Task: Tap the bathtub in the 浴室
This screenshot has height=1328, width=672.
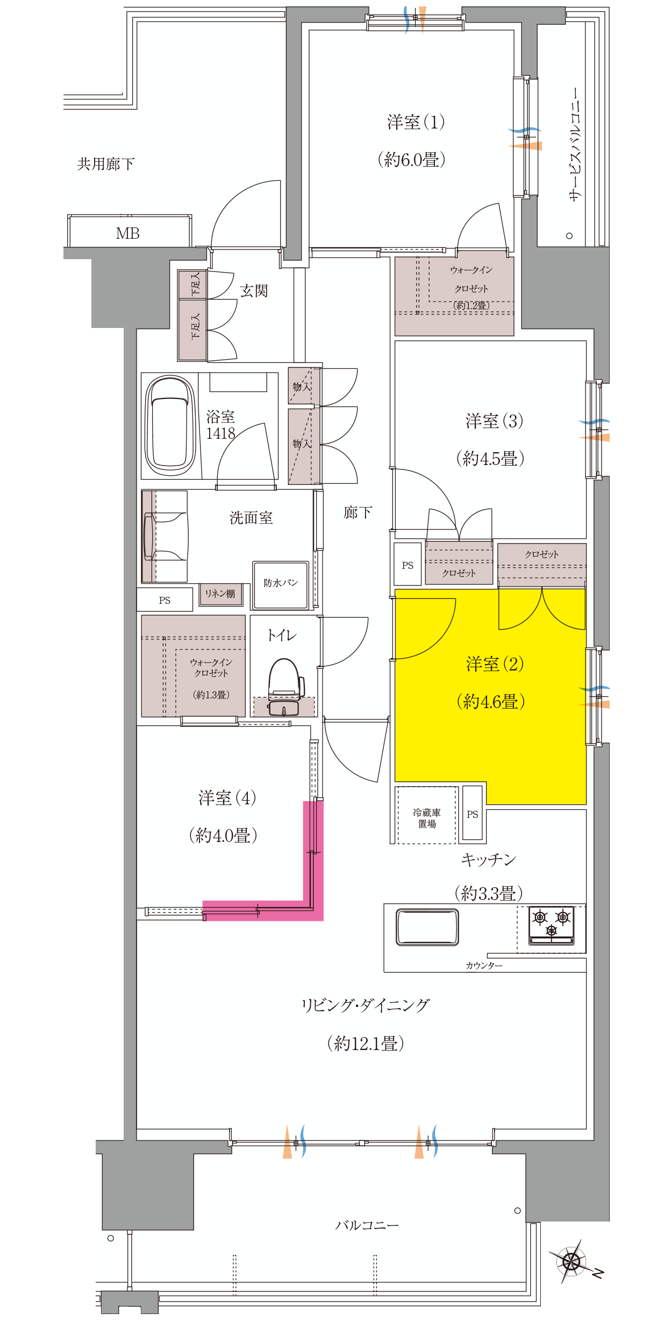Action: tap(171, 425)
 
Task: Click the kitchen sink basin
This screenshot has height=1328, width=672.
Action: tap(427, 927)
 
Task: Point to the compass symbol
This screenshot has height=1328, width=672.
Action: tap(572, 1260)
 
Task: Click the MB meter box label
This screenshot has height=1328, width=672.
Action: tap(128, 233)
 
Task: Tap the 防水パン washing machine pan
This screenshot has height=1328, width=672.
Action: tap(281, 585)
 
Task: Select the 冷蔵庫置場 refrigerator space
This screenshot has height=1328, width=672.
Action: tap(427, 815)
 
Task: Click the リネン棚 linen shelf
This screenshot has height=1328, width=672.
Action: tap(220, 594)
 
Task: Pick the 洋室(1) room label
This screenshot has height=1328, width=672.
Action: tap(416, 122)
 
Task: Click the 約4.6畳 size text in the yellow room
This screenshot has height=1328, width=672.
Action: tap(491, 702)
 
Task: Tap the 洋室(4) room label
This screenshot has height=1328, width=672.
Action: tap(227, 797)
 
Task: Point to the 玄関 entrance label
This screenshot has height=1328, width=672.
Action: tap(254, 291)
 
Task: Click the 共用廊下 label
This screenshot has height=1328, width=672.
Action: tap(106, 163)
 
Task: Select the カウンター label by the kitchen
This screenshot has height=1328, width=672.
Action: tap(484, 966)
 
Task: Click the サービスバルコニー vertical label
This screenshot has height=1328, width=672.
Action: tap(575, 145)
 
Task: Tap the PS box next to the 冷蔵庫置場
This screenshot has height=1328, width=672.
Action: tap(473, 813)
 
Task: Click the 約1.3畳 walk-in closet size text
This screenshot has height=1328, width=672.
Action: tap(211, 695)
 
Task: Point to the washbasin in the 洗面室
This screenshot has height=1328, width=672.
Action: tap(166, 536)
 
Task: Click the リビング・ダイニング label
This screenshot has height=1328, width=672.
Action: tap(366, 1005)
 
